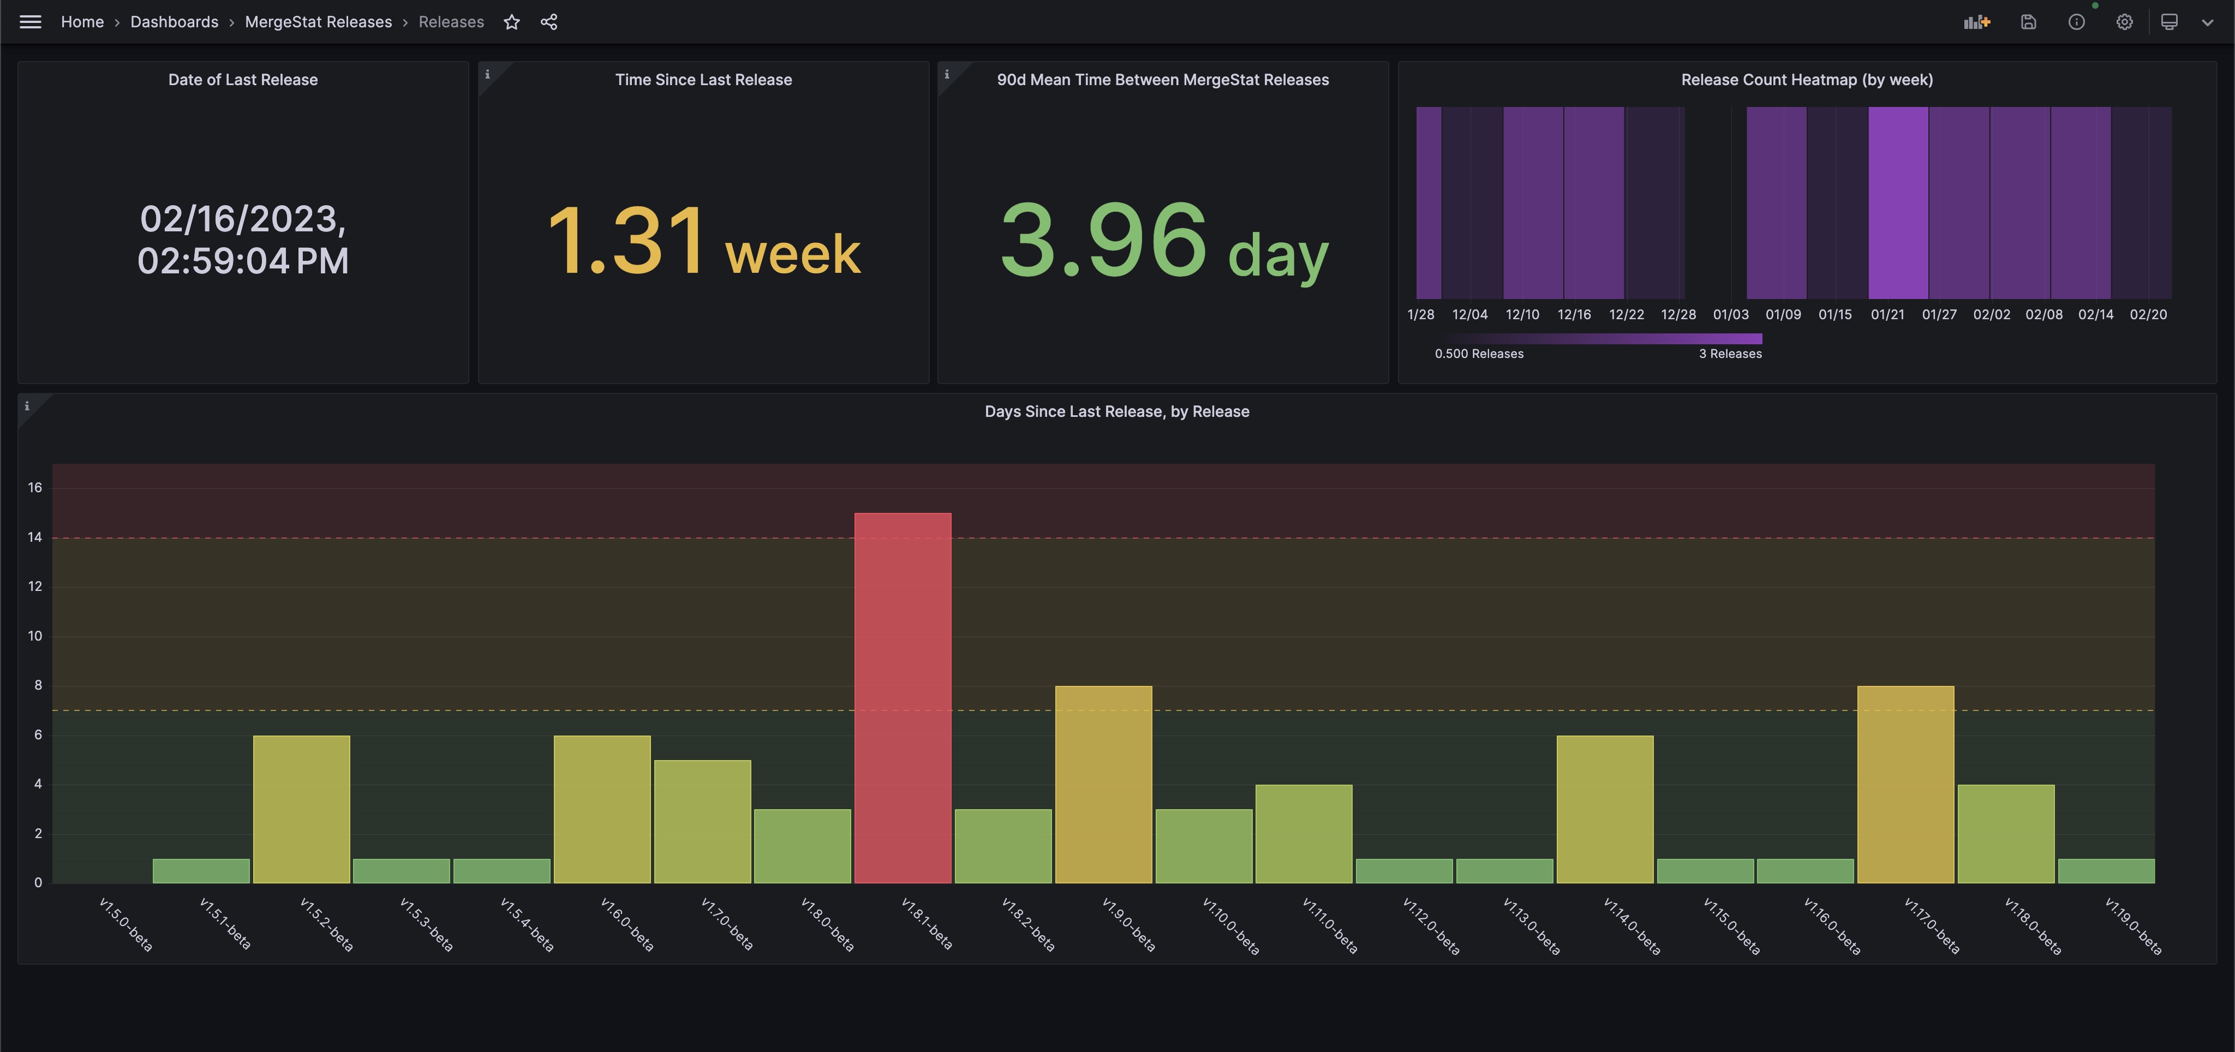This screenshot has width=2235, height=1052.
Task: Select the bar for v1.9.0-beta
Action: (x=1103, y=784)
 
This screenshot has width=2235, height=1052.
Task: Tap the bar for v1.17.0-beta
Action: (x=1905, y=784)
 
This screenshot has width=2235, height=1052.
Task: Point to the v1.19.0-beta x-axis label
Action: (x=2132, y=925)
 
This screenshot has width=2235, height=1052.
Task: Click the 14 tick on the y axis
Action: (x=35, y=537)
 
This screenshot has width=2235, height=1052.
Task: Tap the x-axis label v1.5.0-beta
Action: (x=126, y=924)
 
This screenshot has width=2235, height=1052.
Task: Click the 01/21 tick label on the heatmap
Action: (x=1887, y=314)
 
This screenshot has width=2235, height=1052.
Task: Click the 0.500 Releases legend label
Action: (x=1478, y=354)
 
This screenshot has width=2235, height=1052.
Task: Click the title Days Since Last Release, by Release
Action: (x=1116, y=411)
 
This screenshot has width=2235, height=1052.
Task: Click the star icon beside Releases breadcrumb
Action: (x=512, y=22)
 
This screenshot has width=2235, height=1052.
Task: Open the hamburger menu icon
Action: (x=31, y=22)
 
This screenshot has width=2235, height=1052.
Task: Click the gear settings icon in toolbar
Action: (x=2124, y=22)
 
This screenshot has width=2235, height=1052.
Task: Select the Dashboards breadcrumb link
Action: (x=175, y=22)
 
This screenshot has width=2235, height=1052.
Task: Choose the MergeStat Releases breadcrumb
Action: (x=319, y=22)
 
